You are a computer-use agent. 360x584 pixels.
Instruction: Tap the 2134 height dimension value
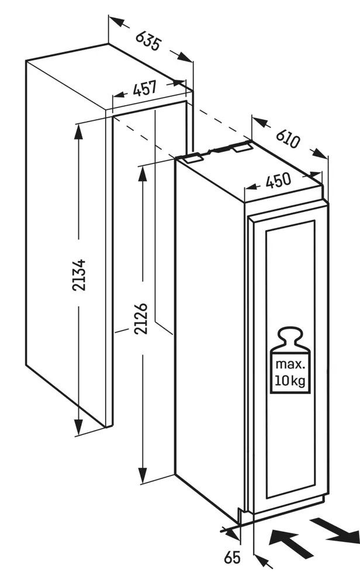click(81, 274)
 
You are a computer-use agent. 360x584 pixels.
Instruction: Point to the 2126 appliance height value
click(141, 319)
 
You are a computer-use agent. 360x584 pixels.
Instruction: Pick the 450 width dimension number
click(278, 182)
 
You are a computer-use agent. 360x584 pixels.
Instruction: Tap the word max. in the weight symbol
click(290, 365)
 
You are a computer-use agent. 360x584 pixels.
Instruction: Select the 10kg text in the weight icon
click(290, 382)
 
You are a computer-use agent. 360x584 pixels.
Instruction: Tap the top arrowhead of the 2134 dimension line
click(77, 130)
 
